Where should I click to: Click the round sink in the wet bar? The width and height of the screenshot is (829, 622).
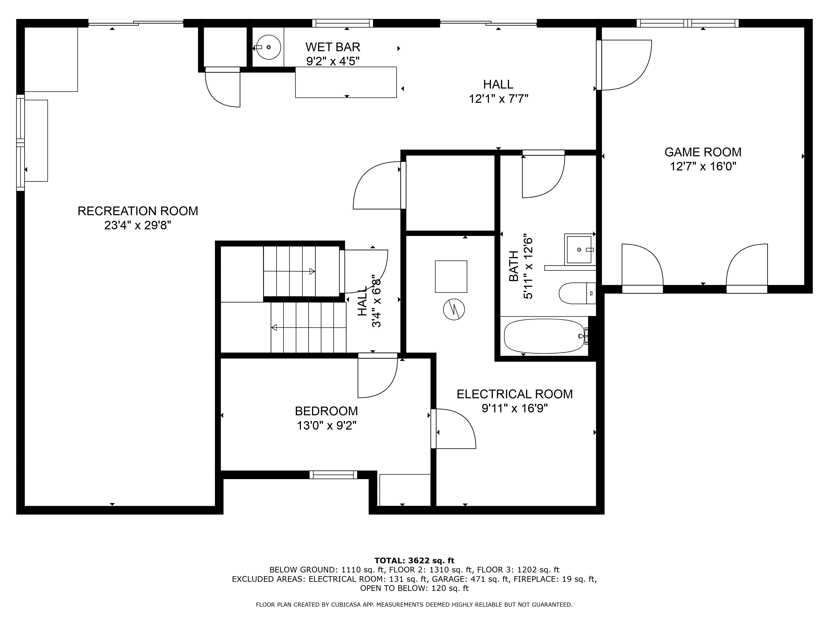point(269,47)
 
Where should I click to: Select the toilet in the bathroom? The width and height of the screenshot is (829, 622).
point(577,293)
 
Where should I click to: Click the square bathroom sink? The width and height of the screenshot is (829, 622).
point(579,249)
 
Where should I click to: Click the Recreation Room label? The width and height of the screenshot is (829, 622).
point(138,211)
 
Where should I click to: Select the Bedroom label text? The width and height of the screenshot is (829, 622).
point(326,411)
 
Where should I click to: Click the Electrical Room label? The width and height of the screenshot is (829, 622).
point(515,394)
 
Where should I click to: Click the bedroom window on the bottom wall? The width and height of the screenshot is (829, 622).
point(333,475)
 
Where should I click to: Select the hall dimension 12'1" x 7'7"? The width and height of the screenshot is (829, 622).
point(498,99)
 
